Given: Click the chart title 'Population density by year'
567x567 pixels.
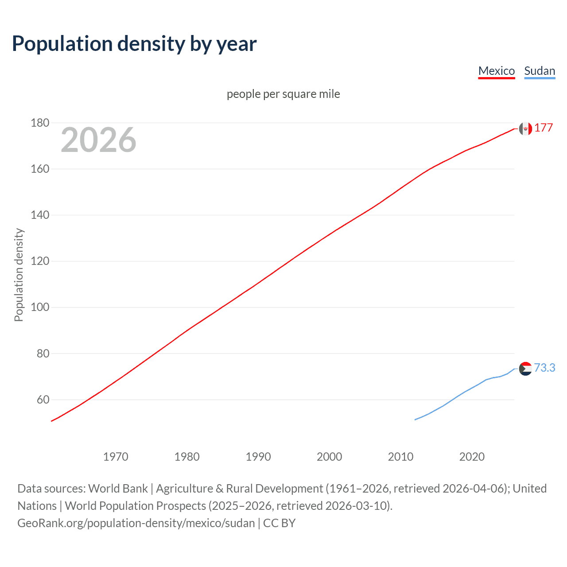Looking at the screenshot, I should [x=134, y=44].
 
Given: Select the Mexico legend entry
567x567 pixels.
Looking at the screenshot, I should [x=496, y=71].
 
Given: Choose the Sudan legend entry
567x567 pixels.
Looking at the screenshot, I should [x=539, y=71].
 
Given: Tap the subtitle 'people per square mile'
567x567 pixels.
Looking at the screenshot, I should [x=283, y=94].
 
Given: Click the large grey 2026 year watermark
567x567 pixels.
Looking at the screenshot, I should [x=98, y=140].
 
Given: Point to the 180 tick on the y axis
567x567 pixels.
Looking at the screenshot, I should [x=40, y=123].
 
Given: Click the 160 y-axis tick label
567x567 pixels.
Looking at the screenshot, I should [x=40, y=169].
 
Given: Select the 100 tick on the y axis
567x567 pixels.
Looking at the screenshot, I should [x=40, y=307].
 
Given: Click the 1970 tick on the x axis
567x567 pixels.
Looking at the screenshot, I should [x=116, y=457].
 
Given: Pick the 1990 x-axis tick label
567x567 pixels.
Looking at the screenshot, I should [x=258, y=457].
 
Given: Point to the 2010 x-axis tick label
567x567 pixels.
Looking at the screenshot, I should [x=400, y=457].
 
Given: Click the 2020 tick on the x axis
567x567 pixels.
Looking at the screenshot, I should [x=472, y=457].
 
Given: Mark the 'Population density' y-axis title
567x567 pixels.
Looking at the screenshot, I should [x=19, y=275].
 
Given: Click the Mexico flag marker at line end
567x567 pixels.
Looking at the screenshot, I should [x=525, y=128].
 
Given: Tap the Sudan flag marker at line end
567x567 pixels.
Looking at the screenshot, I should [x=525, y=369].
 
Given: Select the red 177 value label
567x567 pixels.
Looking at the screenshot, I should [x=544, y=128].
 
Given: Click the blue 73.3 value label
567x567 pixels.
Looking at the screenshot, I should [x=544, y=368].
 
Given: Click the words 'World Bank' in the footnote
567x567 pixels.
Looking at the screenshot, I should [x=118, y=489].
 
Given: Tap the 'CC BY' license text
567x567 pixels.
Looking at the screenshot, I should [x=279, y=523].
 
